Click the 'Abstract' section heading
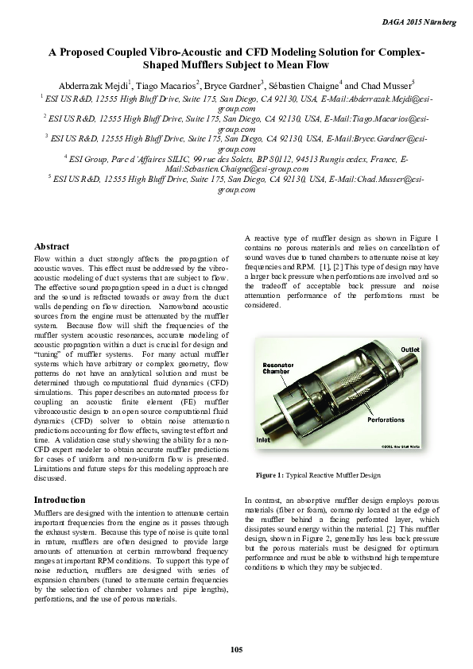coord(52,246)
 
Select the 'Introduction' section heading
coord(59,500)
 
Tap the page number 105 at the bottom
coord(236,650)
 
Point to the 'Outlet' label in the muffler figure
coord(410,350)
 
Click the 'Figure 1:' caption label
coord(270,475)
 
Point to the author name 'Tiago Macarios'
coord(166,86)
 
